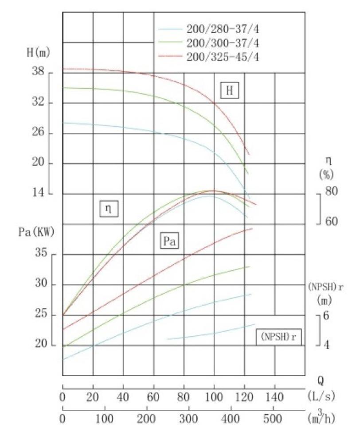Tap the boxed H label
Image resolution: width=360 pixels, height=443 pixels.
point(229,91)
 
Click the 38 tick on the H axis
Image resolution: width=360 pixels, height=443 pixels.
point(39,72)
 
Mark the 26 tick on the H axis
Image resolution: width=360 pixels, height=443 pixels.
point(39,133)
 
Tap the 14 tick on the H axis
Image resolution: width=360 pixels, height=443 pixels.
point(39,194)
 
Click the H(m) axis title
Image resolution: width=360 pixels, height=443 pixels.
point(37,52)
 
